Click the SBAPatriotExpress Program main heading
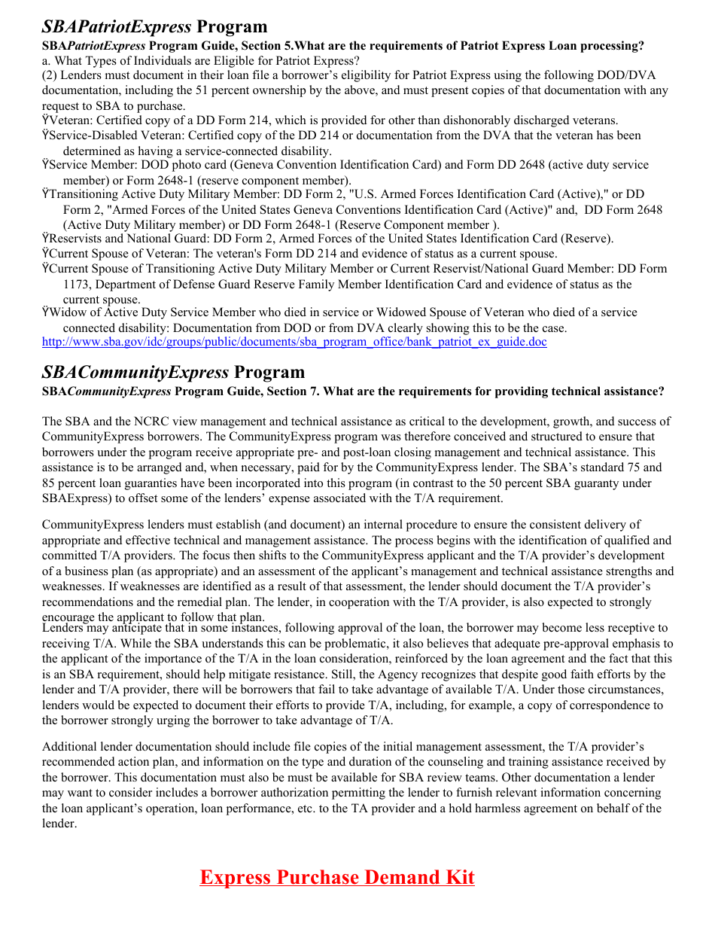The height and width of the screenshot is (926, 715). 154,27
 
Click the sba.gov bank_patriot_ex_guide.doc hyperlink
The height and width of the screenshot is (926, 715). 294,342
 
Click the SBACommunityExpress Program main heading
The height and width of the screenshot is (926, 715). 173,373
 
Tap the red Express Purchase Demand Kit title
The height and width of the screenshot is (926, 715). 336,877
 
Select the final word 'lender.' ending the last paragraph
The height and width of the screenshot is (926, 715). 59,824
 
